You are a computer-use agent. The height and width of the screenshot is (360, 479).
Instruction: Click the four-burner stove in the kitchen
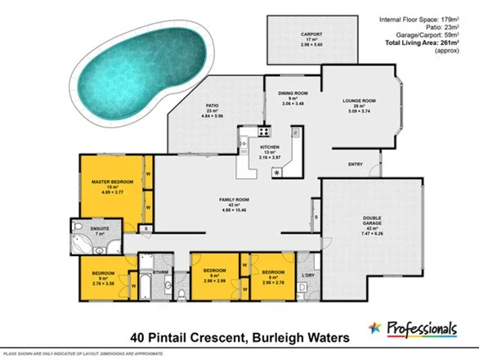click(265, 131)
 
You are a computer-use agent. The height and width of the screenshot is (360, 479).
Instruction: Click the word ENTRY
click(355, 164)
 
